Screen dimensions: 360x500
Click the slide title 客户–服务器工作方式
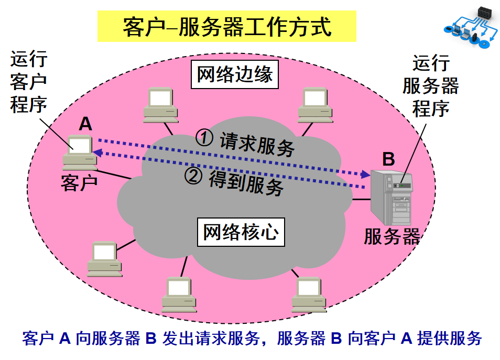(x=226, y=27)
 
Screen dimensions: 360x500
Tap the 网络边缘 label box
(x=234, y=74)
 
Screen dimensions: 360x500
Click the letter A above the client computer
(x=85, y=124)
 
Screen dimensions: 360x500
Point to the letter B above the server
(x=388, y=158)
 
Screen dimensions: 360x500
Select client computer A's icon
(x=79, y=152)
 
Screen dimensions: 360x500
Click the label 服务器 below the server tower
(x=392, y=237)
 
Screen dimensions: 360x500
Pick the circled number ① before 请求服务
(x=204, y=137)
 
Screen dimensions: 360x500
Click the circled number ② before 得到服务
(x=193, y=176)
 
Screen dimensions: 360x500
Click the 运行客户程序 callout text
(x=29, y=82)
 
